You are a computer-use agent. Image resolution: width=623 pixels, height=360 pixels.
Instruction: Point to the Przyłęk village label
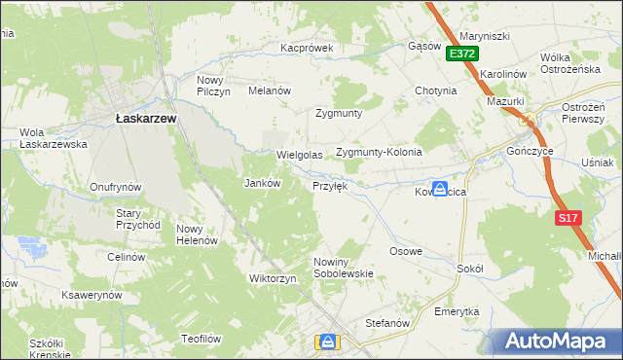tap(329, 185)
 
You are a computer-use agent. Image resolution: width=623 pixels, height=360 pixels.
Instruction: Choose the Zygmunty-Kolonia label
tap(379, 153)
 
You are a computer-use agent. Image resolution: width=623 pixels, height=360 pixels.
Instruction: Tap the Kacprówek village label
tap(307, 47)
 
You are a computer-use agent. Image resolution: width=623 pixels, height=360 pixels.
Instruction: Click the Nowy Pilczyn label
tap(212, 86)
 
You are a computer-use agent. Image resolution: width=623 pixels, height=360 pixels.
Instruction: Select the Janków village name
tap(261, 183)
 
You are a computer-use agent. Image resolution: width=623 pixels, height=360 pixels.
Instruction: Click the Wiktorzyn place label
tap(272, 278)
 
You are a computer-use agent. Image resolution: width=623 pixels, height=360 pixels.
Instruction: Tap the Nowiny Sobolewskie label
tap(343, 268)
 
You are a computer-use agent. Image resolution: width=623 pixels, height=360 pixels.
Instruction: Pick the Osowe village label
tap(406, 251)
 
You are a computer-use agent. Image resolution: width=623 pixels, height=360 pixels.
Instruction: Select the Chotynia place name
tap(435, 91)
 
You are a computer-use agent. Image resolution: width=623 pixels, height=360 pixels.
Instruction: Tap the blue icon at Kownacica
tap(440, 189)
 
